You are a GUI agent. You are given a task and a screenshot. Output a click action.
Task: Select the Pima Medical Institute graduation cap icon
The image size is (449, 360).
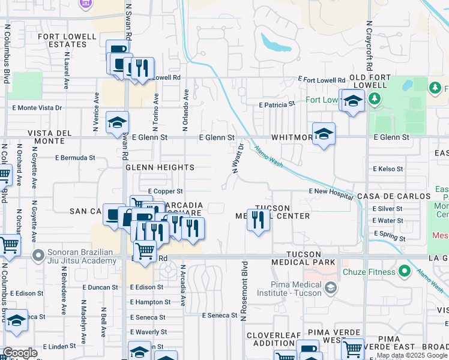click(x=330, y=289)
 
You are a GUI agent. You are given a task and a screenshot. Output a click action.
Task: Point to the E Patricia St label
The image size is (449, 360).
click(x=277, y=104)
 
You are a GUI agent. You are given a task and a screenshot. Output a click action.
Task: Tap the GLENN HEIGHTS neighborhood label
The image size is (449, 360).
click(x=160, y=167)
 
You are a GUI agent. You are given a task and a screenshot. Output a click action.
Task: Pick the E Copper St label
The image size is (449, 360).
click(x=164, y=191)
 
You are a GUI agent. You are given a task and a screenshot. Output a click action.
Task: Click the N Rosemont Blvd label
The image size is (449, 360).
click(x=244, y=290)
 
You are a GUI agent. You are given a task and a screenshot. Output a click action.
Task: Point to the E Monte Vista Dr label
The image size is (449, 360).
click(x=37, y=108)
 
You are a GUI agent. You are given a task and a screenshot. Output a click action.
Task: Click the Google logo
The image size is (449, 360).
click(x=20, y=353)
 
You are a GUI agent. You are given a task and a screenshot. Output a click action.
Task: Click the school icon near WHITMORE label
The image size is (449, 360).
click(x=324, y=134)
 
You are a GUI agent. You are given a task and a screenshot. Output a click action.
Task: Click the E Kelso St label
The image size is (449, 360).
click(x=388, y=169)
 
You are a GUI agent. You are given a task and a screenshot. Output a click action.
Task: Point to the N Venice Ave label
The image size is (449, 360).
click(x=95, y=112)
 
